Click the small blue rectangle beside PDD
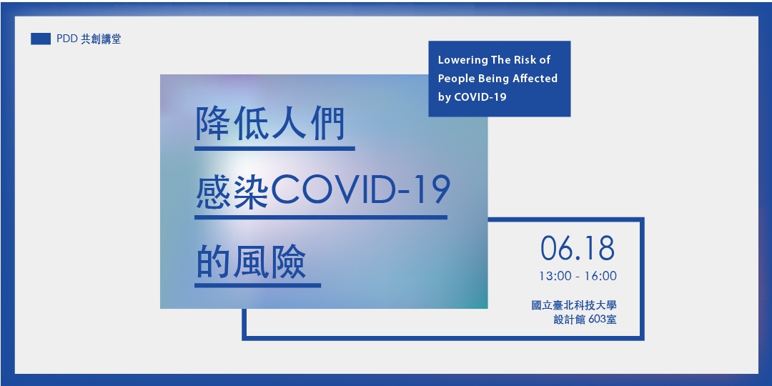[x=40, y=39]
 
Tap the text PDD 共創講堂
[x=89, y=39]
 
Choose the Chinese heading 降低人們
[x=270, y=124]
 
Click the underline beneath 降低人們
[x=274, y=149]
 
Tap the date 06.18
[x=578, y=248]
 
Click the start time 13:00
[x=553, y=276]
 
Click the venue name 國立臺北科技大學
[x=574, y=305]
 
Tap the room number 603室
[x=602, y=320]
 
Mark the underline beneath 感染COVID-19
[x=321, y=217]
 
